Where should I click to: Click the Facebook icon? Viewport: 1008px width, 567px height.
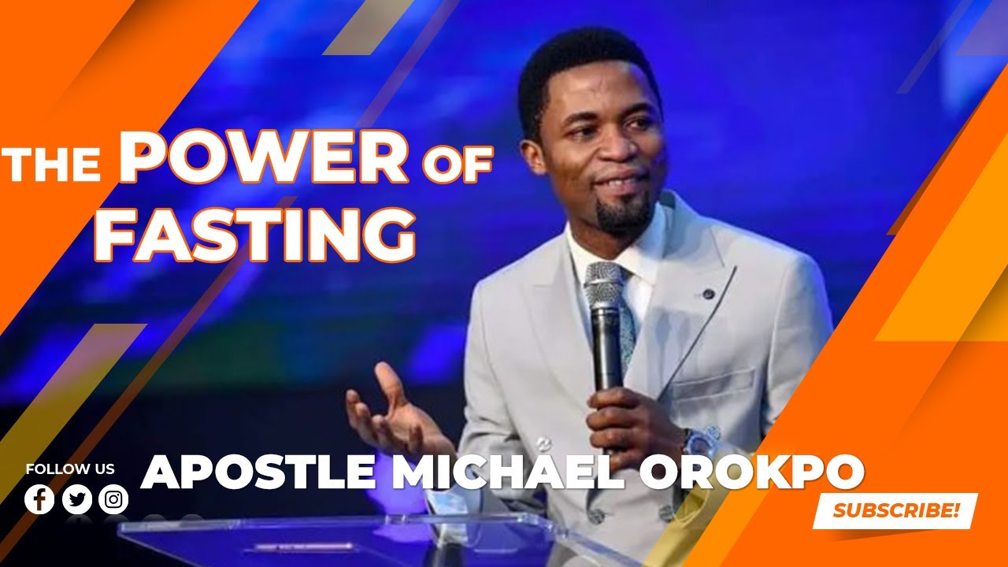[x=39, y=499]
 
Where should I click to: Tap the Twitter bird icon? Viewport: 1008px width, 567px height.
[x=77, y=499]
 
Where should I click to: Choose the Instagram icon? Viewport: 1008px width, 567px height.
[x=114, y=499]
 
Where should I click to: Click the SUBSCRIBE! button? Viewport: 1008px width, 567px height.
[x=895, y=510]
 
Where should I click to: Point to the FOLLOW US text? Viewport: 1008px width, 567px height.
[x=70, y=469]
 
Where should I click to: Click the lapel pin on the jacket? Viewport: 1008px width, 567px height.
[x=708, y=294]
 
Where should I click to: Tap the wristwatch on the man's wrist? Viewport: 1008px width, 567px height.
[x=698, y=441]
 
